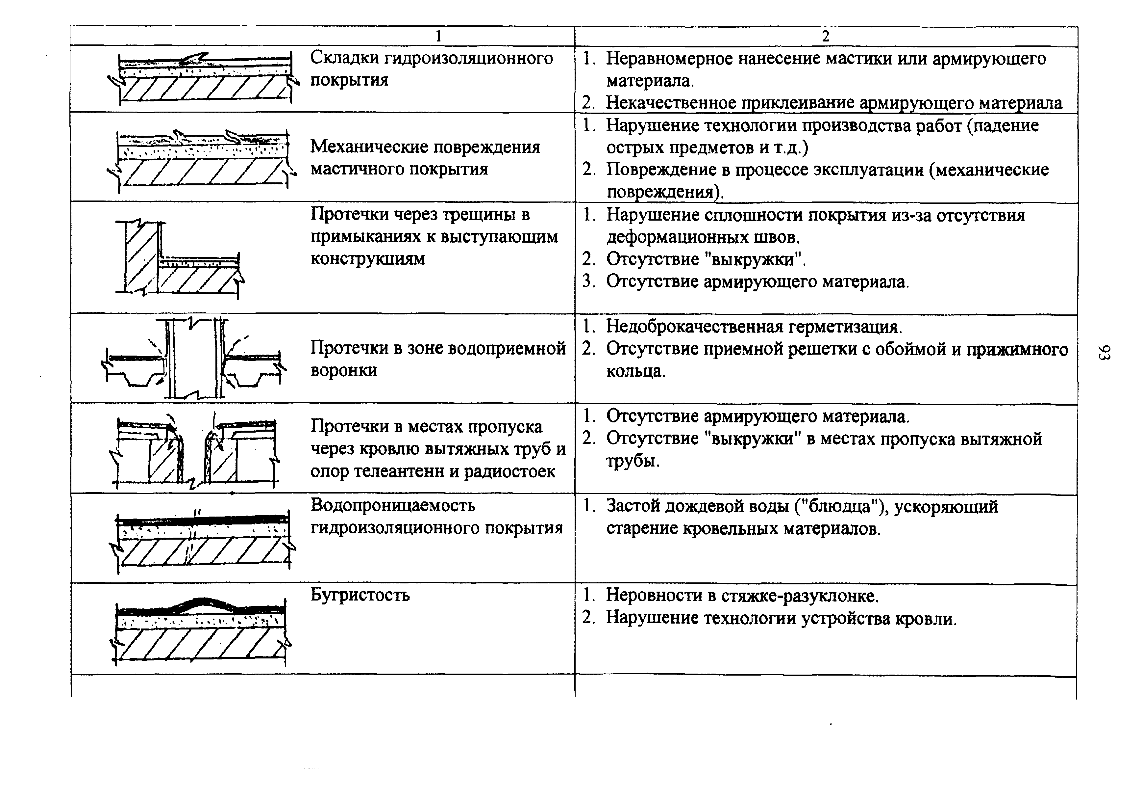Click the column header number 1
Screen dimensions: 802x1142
click(x=438, y=36)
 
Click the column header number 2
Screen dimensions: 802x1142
click(x=826, y=36)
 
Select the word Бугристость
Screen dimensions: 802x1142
click(x=360, y=595)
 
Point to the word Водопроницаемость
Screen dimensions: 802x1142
click(x=393, y=505)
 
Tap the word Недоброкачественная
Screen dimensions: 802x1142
click(x=694, y=327)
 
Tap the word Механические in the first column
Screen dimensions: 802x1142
click(x=363, y=147)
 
